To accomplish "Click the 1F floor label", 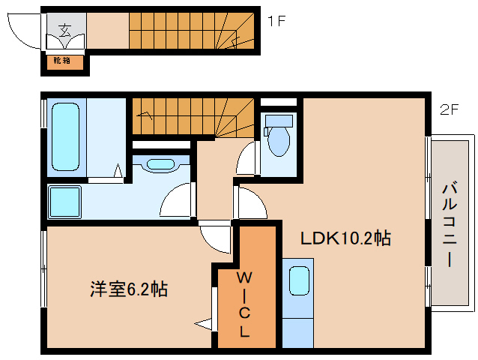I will (276, 22).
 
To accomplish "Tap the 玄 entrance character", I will (65, 31).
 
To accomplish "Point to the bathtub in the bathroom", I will (64, 137).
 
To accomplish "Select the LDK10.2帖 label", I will (346, 238).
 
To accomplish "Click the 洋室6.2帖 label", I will (129, 289).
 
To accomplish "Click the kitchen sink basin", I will (300, 281).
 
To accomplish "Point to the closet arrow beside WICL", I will (204, 324).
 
